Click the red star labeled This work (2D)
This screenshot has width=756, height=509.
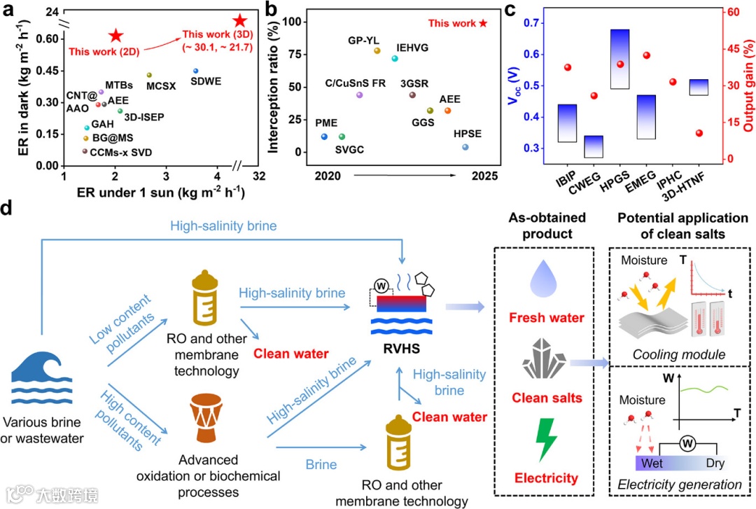click(115, 36)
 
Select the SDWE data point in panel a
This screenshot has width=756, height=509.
click(195, 71)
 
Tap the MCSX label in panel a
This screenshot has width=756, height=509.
click(160, 86)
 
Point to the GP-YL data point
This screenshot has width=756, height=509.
click(377, 50)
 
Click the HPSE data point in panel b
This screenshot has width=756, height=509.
click(465, 147)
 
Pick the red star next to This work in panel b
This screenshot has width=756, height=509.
click(483, 24)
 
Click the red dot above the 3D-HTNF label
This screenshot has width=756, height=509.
click(699, 133)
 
